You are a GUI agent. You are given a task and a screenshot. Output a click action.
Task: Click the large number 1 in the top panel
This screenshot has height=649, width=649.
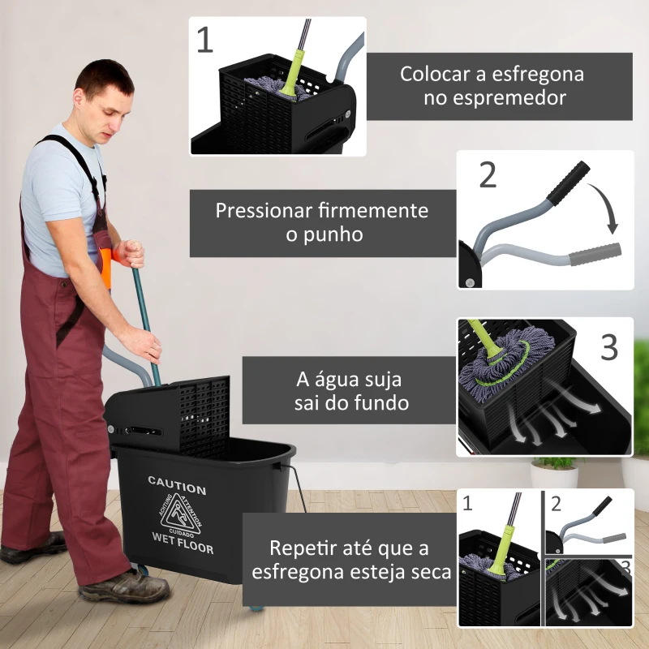(x=205, y=40)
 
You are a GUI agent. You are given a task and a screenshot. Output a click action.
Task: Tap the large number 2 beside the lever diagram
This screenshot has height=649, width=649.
(x=488, y=175)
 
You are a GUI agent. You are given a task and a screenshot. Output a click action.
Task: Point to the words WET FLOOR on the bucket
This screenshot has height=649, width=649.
(x=183, y=543)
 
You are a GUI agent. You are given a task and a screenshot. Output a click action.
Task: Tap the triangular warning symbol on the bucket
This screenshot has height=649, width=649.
(x=183, y=514)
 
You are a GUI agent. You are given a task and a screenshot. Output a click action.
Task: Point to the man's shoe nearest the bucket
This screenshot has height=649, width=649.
(x=124, y=587)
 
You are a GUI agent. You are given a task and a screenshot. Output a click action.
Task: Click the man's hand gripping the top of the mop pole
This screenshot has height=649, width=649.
(x=129, y=253)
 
